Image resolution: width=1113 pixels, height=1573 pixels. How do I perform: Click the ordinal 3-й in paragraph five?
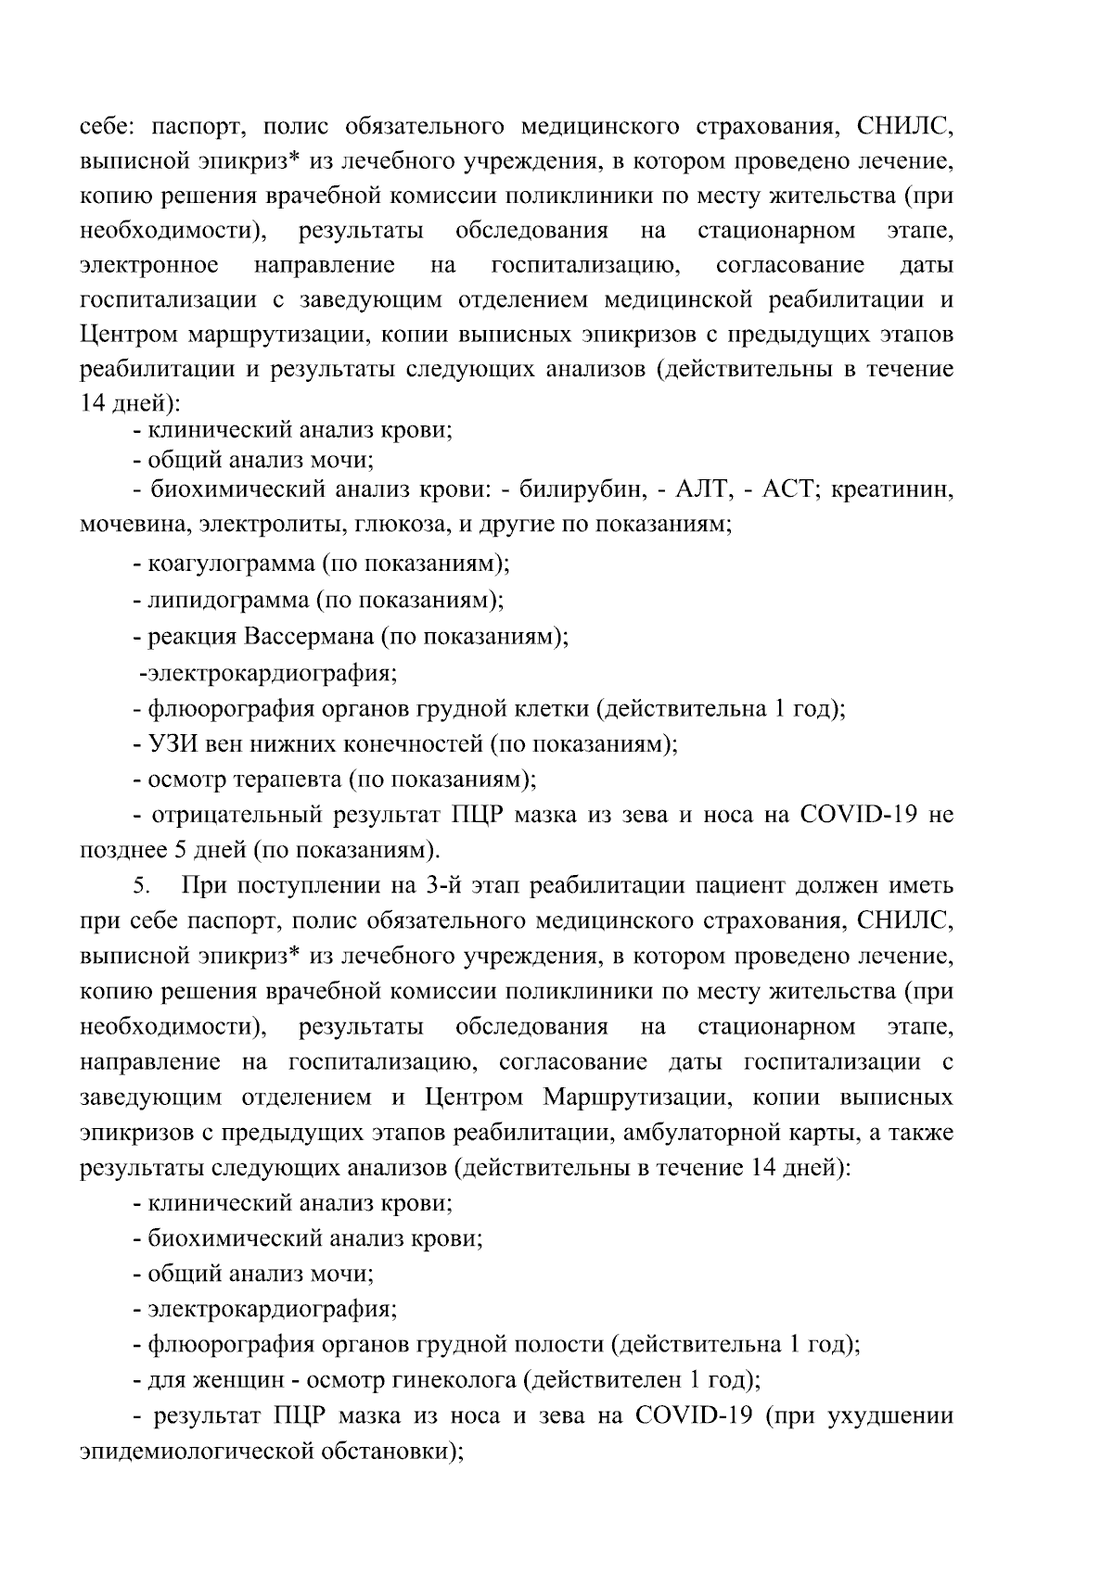point(442,885)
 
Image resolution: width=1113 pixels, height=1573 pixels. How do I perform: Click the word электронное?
point(149,265)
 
